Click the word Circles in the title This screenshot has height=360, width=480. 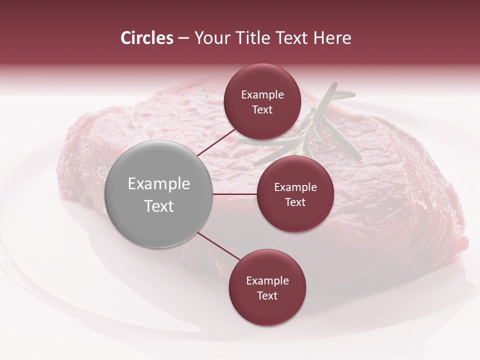coord(147,38)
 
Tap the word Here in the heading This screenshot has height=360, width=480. coord(332,38)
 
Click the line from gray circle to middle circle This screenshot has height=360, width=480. coord(235,194)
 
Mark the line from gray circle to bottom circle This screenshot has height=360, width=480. coord(218,246)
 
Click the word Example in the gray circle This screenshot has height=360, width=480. coord(159,184)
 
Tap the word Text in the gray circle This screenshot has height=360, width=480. coord(159,206)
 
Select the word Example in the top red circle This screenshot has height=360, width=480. coord(262,95)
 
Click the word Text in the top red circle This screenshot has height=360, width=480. coord(262,110)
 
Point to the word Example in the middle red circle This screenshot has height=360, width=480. coord(295,187)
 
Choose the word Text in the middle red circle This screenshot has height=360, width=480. coord(295,202)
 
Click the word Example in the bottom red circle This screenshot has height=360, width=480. coord(267,281)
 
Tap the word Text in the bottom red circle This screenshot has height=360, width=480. coord(267,296)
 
